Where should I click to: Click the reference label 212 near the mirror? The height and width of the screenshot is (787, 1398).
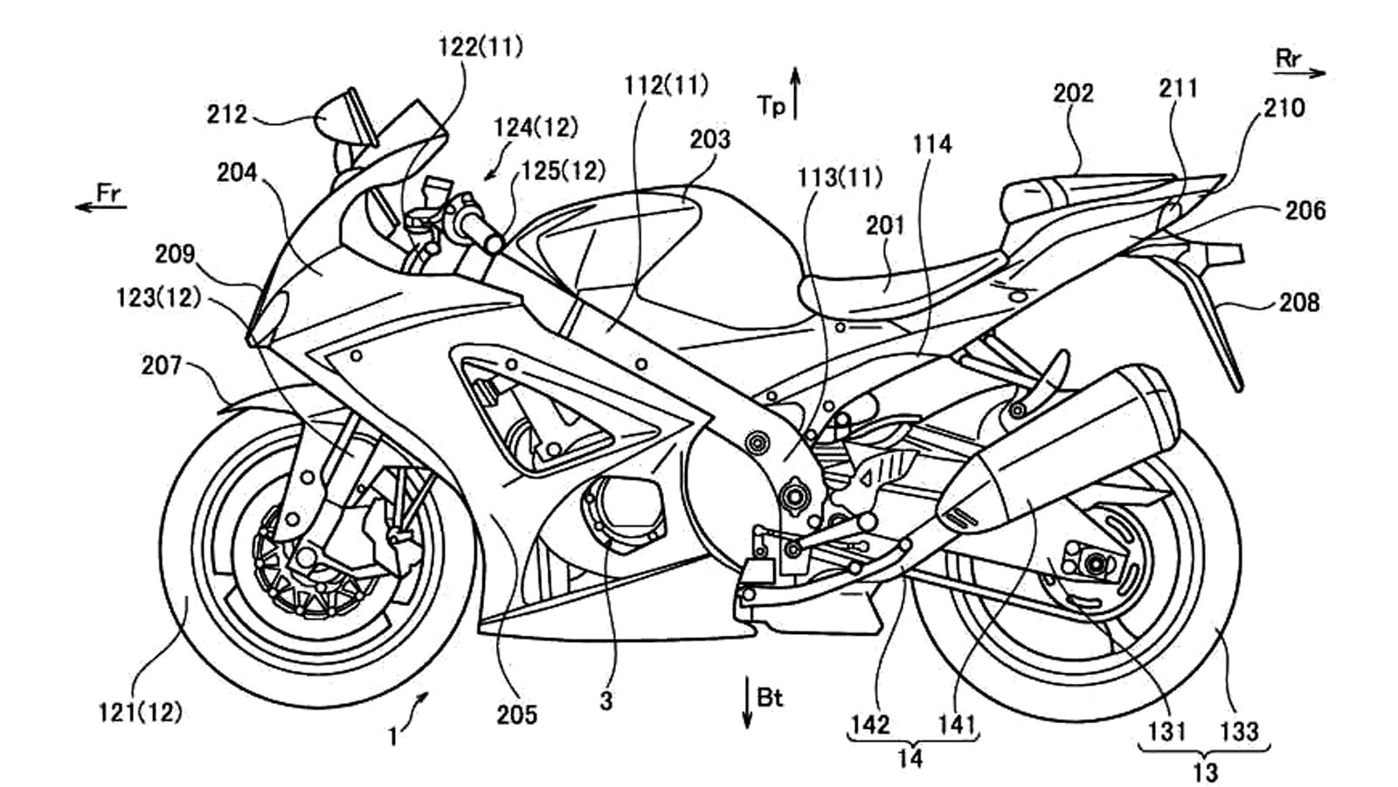point(226,114)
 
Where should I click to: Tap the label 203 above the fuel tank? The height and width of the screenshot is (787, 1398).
point(709,140)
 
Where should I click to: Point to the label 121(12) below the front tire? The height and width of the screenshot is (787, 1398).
point(140,713)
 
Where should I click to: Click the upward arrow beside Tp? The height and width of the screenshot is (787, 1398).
point(795,92)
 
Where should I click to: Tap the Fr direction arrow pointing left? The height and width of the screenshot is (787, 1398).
point(100,206)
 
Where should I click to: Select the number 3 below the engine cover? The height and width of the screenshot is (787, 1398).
point(606,700)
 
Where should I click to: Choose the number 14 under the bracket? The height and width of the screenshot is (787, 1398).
point(910,757)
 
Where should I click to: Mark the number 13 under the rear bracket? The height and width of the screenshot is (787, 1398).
point(1204,771)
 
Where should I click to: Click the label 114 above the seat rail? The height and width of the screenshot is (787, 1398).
point(932,144)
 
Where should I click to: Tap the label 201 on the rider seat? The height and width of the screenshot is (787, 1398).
point(884,226)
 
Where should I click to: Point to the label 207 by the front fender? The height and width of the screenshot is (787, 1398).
point(161,366)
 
